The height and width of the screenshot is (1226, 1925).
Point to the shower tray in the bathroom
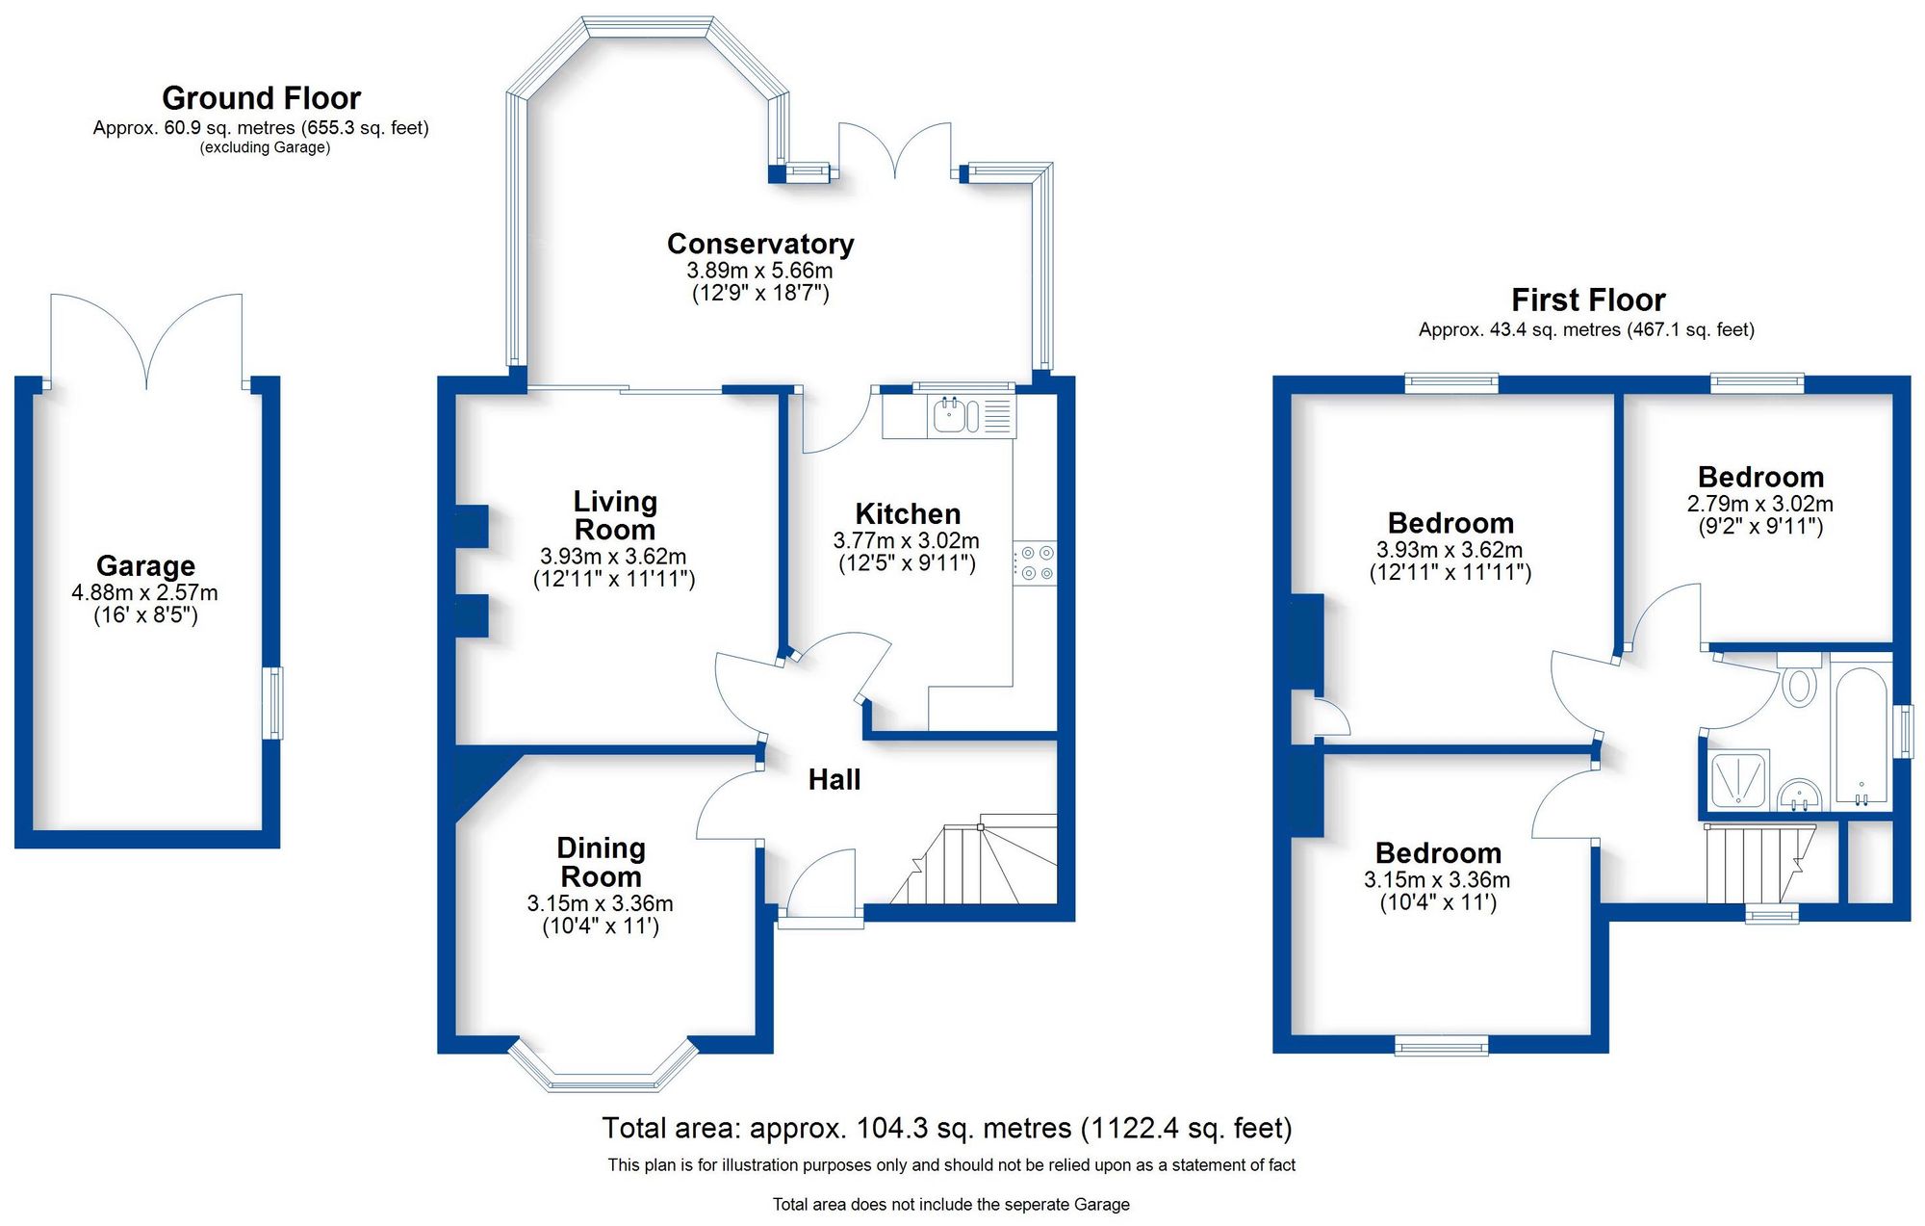1740,779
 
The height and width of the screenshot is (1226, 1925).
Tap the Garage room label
145,566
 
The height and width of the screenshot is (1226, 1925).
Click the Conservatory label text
760,244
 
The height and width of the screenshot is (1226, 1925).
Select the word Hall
834,780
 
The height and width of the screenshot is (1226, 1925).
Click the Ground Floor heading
261,98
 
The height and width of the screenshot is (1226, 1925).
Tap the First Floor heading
1588,300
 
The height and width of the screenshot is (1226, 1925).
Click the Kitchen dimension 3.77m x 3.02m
906,541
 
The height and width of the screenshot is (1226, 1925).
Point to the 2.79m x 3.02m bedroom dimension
1759,504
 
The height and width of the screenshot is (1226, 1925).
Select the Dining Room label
601,862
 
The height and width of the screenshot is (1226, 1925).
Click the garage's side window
275,703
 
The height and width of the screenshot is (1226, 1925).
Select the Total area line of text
946,1128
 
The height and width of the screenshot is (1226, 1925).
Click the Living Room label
614,515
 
